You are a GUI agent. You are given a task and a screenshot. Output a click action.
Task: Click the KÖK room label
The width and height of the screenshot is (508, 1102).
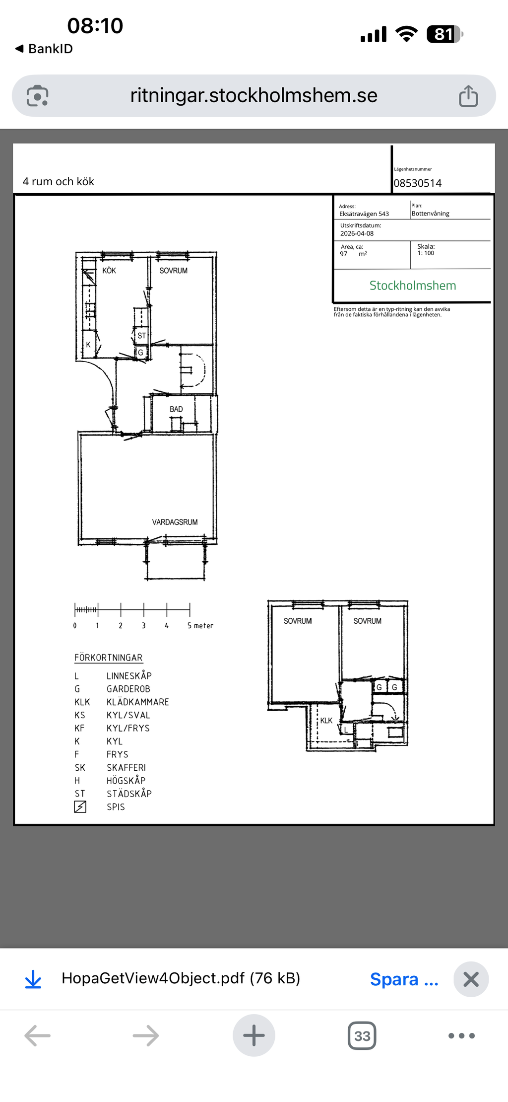(109, 271)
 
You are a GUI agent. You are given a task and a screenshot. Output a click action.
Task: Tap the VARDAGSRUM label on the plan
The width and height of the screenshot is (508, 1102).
(175, 522)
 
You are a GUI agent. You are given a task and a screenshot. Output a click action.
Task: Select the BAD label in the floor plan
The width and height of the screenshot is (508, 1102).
(176, 409)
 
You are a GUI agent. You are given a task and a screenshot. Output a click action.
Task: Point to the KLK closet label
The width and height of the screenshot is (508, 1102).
(326, 721)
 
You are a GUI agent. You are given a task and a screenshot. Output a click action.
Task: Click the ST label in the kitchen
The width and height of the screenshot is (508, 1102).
(142, 336)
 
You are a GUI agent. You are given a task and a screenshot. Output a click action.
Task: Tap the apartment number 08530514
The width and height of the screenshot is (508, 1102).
(418, 183)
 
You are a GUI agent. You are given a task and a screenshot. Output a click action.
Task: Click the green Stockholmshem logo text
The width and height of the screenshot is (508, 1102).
(413, 286)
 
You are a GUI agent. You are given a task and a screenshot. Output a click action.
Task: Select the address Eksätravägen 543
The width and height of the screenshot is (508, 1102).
(364, 214)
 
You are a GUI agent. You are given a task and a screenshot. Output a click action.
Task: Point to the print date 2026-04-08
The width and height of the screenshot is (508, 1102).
(357, 233)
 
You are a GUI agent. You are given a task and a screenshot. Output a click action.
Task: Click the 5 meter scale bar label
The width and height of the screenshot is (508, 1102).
(200, 626)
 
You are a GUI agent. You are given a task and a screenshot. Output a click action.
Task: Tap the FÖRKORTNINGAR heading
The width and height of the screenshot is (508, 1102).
(109, 658)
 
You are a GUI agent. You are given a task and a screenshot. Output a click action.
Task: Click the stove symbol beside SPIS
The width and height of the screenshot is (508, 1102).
(80, 807)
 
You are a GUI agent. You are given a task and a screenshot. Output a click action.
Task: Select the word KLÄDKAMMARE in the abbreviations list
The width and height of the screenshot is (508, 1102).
(138, 702)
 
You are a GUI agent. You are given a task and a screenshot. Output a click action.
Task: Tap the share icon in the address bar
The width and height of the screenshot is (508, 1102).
(468, 96)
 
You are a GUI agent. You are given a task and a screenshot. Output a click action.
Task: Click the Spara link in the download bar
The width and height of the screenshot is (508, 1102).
(404, 979)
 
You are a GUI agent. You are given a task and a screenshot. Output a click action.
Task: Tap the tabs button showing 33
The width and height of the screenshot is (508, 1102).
(362, 1035)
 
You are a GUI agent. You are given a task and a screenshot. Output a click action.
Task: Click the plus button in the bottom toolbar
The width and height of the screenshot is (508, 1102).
(254, 1035)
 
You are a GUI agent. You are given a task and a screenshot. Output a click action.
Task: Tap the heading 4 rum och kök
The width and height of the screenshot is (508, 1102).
(59, 182)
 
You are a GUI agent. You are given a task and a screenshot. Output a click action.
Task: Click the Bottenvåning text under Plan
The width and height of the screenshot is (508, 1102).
(431, 214)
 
